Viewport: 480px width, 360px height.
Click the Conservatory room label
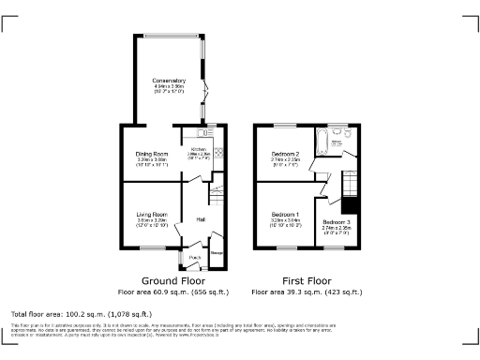(x=169, y=81)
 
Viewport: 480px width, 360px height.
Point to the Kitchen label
(x=199, y=149)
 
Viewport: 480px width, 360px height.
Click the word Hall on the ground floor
(x=201, y=219)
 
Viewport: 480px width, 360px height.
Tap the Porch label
(x=195, y=257)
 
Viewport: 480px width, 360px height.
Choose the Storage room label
(x=216, y=251)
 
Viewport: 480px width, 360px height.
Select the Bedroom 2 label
(x=285, y=153)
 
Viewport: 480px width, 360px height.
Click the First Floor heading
(x=307, y=280)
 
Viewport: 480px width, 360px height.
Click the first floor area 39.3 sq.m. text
(x=307, y=292)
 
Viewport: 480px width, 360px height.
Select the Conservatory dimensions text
(x=169, y=90)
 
